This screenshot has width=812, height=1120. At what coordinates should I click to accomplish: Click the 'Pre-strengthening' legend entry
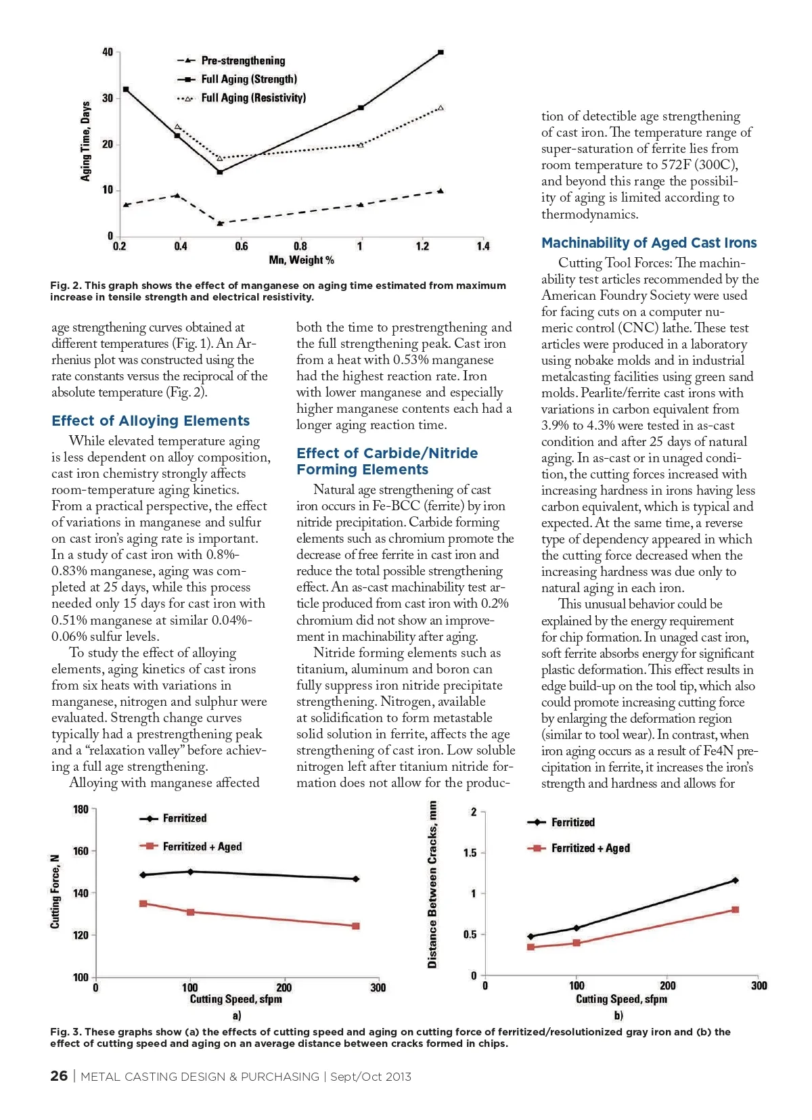[243, 61]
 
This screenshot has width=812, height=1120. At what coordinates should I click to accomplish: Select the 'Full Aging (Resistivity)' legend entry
[253, 98]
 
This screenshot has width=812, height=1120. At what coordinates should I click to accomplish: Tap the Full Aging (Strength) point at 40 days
[441, 52]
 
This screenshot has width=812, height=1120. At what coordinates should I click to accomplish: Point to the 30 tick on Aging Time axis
[108, 98]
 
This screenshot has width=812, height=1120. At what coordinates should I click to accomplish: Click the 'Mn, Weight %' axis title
[301, 260]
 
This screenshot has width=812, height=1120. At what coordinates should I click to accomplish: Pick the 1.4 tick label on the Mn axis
[482, 246]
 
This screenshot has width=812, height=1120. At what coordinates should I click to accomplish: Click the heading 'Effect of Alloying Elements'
[150, 421]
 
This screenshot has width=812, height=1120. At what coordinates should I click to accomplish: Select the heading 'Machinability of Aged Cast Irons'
[649, 243]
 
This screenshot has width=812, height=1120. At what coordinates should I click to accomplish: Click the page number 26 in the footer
[59, 1076]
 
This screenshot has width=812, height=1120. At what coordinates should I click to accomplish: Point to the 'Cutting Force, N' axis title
[55, 891]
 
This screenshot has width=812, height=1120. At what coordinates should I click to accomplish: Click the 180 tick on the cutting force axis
[81, 809]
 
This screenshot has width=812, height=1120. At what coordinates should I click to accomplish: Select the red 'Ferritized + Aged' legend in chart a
[202, 847]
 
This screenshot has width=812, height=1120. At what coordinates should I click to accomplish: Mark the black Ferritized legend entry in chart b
[572, 822]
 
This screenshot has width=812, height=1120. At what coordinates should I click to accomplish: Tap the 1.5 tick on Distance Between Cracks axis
[470, 853]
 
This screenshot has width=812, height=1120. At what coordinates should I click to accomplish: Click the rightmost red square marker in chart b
[736, 910]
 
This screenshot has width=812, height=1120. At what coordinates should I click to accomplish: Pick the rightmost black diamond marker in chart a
[356, 879]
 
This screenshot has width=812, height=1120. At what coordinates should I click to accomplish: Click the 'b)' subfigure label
[618, 1015]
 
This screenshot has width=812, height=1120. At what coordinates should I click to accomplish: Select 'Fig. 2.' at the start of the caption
[66, 286]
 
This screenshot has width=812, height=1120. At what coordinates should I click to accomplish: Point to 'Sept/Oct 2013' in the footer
[370, 1077]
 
